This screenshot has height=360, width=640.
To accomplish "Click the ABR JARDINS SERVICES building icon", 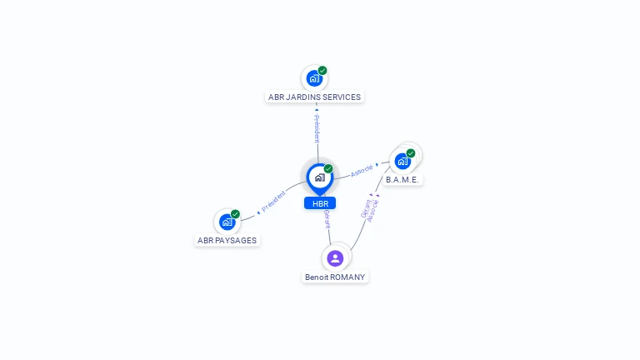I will point(314,78).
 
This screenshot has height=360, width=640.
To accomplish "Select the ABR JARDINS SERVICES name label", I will point(314,97).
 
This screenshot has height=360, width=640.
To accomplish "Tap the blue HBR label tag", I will point(320,203).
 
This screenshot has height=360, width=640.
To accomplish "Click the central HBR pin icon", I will point(319,177).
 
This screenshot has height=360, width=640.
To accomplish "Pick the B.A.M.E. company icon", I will point(403,161).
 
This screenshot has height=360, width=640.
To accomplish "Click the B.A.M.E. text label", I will point(403,180).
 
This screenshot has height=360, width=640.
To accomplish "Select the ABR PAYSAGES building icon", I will point(227,222).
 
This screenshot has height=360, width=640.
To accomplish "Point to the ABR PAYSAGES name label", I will point(227,240).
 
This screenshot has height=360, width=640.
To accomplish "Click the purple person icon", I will point(335,257).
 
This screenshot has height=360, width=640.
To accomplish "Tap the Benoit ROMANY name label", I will point(335,277).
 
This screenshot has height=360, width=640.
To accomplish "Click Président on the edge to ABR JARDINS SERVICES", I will point(317,127).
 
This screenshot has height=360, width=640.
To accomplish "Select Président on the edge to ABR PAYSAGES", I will point(273,201).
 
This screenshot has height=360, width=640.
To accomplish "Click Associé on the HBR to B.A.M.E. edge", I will point(361,170).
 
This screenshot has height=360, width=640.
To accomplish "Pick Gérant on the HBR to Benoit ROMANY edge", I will point(327,219).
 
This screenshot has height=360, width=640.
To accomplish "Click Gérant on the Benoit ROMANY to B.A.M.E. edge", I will point(366,208).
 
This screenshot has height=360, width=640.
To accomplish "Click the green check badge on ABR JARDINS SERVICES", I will point(322,71).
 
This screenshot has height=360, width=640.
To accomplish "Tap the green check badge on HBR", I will point(328,168).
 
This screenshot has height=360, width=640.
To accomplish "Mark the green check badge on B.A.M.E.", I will point(411,153).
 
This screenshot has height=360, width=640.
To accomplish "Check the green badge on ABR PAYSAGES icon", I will point(235,214).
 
